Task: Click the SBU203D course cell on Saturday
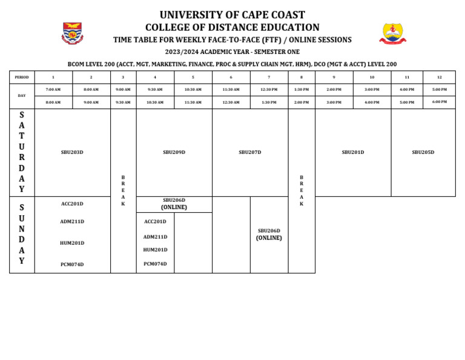pos(72,152)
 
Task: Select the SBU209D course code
pos(174,152)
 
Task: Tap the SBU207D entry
pos(250,152)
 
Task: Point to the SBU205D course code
pos(423,152)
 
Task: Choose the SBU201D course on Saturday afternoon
pos(353,152)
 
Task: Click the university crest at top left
pos(73,33)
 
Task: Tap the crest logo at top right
pos(393,33)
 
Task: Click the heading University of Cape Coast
pos(232,15)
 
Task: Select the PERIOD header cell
pos(22,77)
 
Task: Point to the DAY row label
pos(22,96)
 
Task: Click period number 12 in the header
pos(439,77)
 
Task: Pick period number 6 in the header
pos(231,77)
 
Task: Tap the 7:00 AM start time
pos(53,89)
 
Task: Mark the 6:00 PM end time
pos(439,102)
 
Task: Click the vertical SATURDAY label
pos(22,152)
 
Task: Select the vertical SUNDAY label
pos(22,234)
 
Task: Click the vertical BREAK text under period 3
pos(123,190)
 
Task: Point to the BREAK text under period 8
pos(302,190)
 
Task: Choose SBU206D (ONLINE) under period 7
pos(269,235)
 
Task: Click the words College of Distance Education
pos(232,27)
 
